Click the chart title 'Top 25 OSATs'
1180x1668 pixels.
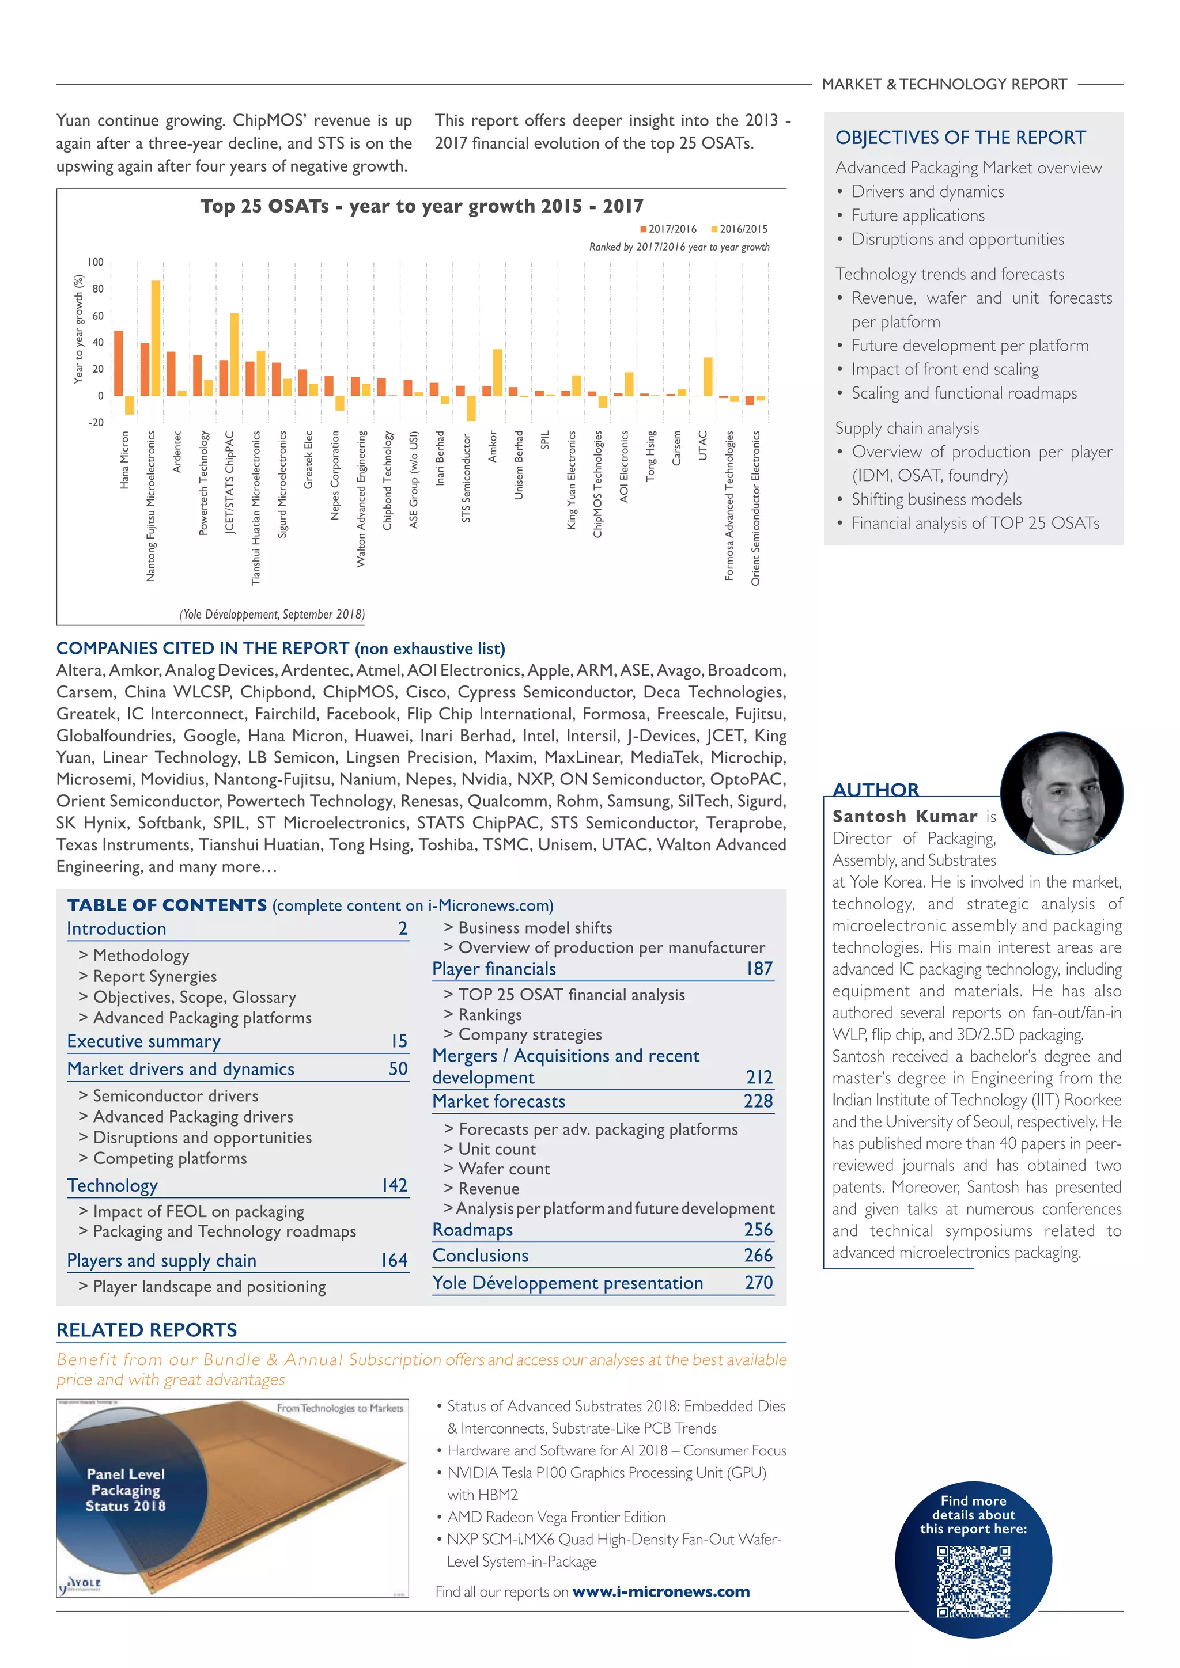421,206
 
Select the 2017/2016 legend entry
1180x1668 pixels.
668,229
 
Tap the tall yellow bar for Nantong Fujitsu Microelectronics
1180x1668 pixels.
156,338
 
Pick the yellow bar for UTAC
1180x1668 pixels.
708,376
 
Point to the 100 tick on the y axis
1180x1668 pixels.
95,262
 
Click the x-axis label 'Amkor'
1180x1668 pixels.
493,446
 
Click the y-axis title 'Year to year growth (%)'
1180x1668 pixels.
78,328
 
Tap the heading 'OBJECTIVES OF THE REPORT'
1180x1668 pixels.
960,137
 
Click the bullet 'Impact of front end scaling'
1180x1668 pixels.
944,369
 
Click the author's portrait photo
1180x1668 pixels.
1061,793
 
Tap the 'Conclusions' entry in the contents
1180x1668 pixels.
481,1256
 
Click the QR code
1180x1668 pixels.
973,1582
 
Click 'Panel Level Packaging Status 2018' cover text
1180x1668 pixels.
125,1489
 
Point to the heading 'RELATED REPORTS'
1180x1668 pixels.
147,1329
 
